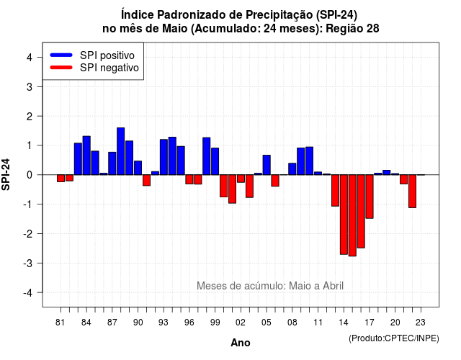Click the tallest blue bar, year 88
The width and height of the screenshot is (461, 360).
[120, 151]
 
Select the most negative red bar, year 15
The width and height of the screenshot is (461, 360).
[352, 215]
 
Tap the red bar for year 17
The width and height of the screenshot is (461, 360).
[370, 197]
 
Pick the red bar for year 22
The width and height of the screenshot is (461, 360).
[412, 192]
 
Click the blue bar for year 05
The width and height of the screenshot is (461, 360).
[267, 165]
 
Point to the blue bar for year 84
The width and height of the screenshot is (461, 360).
[86, 156]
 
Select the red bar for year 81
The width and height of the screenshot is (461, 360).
[61, 179]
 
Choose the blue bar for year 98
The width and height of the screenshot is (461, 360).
[207, 156]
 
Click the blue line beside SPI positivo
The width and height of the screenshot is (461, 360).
[61, 55]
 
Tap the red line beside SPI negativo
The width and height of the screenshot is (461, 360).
[61, 68]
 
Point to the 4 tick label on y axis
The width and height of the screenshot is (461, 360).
[30, 58]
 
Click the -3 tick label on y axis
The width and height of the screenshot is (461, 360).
[28, 263]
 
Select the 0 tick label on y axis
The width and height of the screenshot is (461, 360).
[30, 175]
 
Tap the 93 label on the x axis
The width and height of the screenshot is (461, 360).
[164, 323]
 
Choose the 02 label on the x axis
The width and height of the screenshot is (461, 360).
[241, 323]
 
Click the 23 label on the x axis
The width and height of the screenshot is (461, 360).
[421, 323]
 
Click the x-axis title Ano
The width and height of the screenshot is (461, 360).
[241, 343]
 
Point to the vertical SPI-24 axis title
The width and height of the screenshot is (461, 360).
[6, 174]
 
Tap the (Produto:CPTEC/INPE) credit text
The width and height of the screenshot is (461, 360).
[394, 338]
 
